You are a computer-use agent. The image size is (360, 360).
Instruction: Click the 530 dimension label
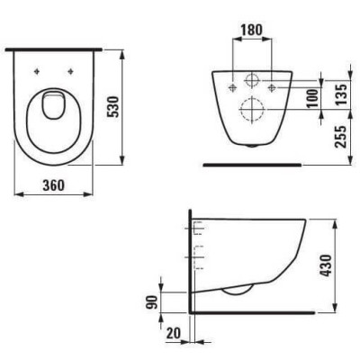pos(113,107)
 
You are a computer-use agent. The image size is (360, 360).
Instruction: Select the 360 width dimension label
pos(53,185)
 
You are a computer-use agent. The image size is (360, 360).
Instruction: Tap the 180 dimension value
pos(252,30)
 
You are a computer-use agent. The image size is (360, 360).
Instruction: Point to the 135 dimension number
pos(341,94)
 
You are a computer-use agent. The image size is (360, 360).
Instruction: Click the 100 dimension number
pos(312,98)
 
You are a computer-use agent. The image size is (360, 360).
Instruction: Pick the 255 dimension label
pos(341,137)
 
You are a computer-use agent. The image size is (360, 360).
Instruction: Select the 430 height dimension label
pos(326,265)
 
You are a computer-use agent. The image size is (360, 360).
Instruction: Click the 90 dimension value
pos(153,302)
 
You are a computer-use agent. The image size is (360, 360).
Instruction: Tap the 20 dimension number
pos(174,333)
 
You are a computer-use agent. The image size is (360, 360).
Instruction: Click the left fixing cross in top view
pos(37,71)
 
